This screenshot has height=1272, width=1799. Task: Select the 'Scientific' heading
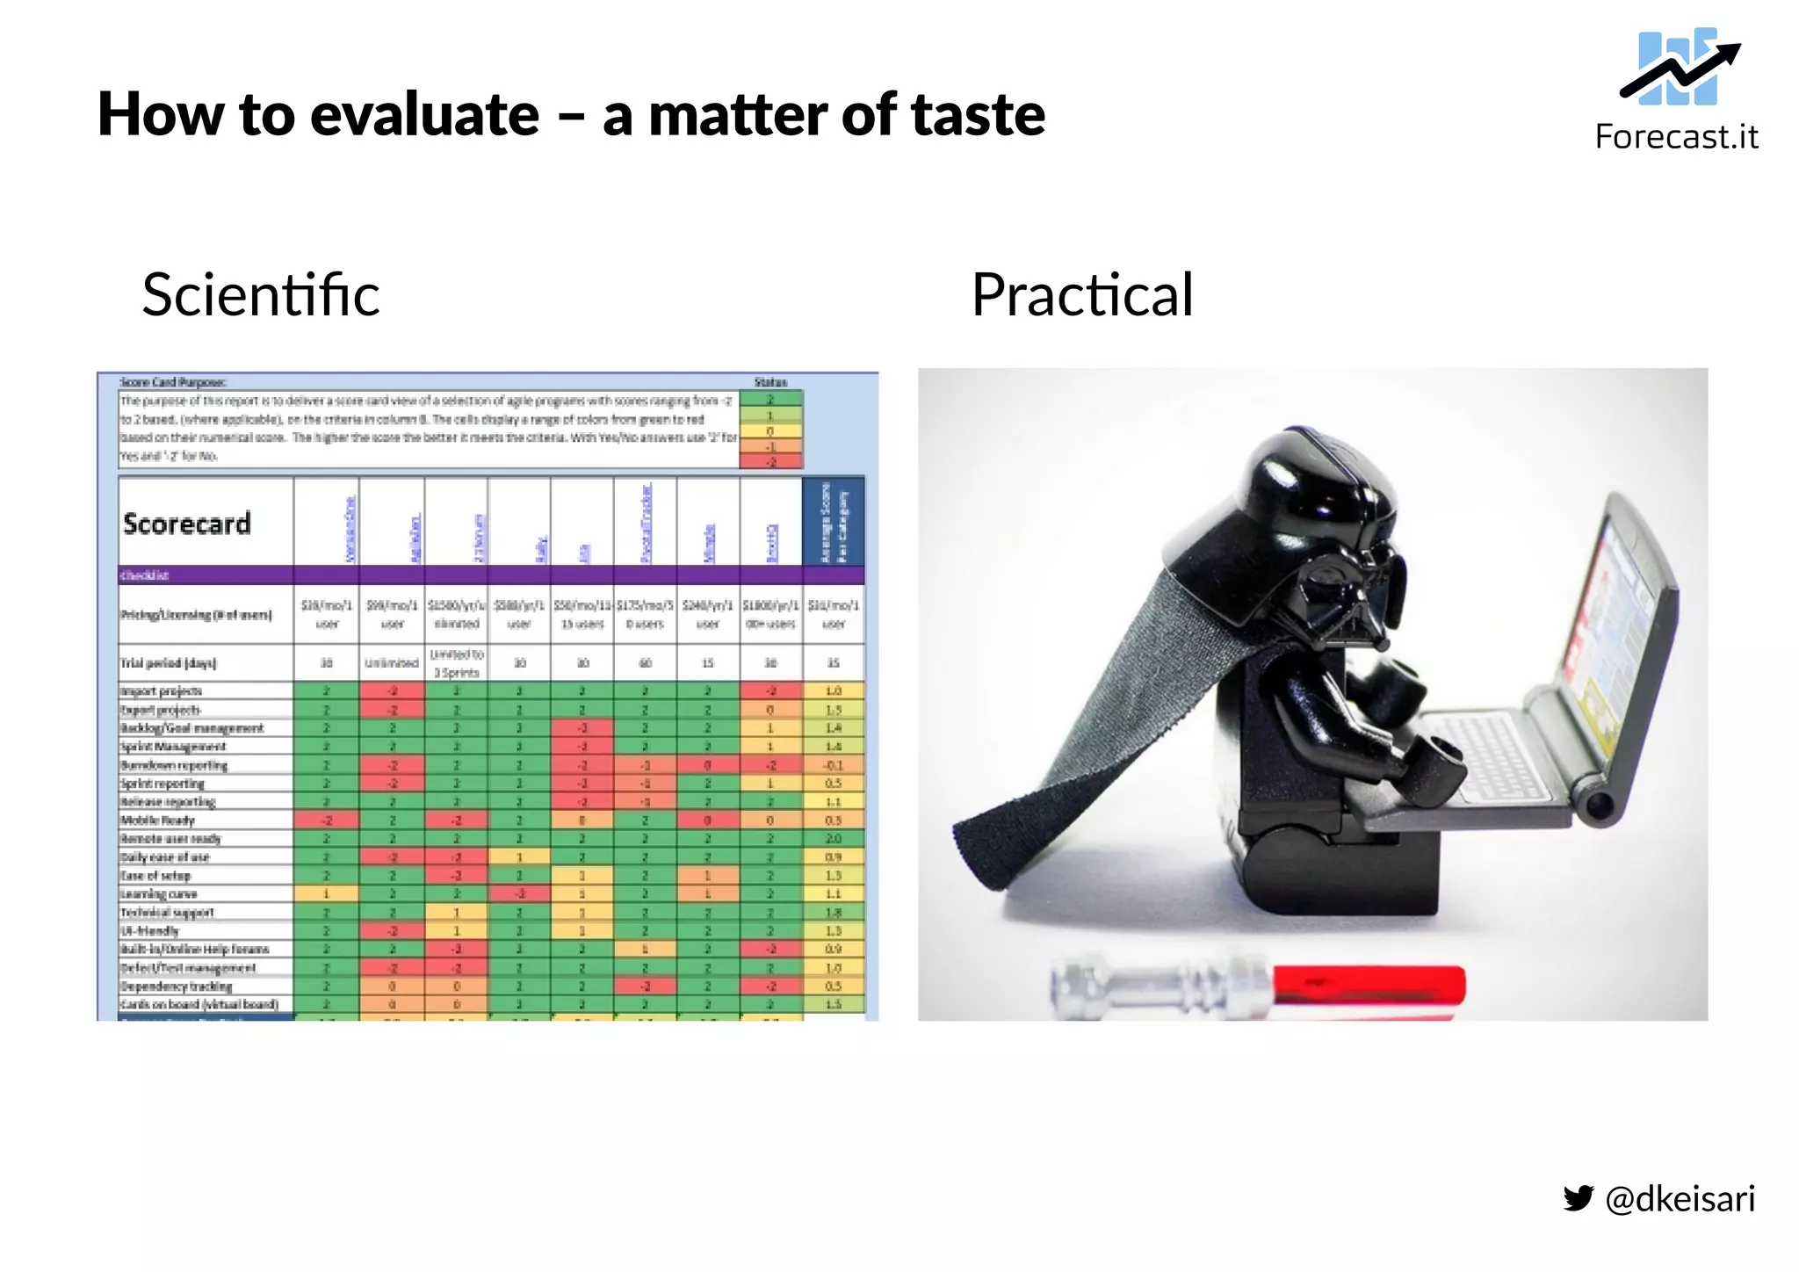(261, 294)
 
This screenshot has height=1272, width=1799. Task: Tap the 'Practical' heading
(1081, 294)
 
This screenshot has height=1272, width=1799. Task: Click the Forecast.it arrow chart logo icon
(1679, 67)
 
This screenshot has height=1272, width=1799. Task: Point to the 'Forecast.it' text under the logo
(1676, 137)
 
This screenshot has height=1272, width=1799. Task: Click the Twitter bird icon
(1578, 1198)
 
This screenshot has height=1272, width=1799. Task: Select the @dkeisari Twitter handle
(1680, 1198)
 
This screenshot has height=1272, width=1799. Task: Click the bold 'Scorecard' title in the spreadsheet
(187, 524)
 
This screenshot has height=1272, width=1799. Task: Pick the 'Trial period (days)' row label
(169, 663)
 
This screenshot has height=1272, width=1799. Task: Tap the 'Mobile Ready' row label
(157, 820)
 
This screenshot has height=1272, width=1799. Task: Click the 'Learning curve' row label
(159, 894)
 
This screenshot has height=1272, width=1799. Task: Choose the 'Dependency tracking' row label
(176, 987)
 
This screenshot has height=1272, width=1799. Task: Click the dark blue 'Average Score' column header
(834, 523)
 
